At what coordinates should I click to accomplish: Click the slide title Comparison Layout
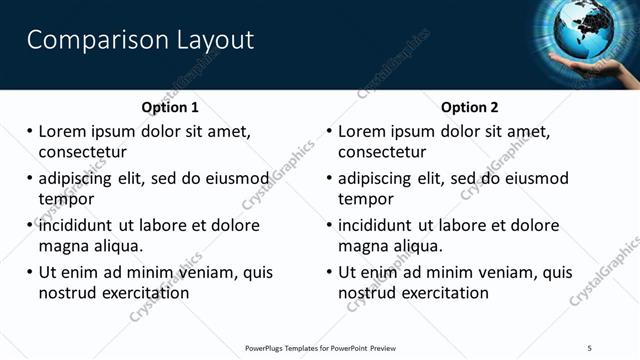point(140,40)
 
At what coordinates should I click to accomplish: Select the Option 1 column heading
point(170,107)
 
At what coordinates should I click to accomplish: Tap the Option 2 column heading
point(470,107)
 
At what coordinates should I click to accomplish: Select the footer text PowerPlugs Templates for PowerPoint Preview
point(320,348)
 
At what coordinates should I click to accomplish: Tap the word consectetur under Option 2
point(382,152)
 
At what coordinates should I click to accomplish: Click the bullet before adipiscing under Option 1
point(29,179)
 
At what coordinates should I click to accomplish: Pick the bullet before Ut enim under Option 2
point(328,272)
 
